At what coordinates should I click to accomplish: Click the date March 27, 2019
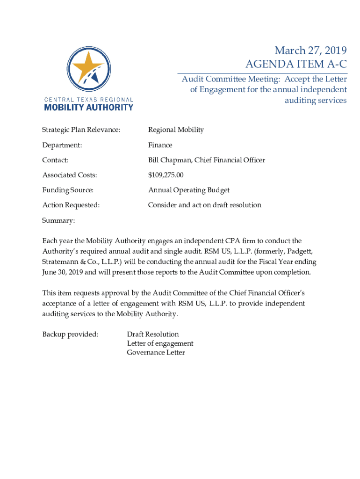(x=310, y=51)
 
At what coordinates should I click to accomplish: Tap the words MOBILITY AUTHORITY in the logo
(x=88, y=107)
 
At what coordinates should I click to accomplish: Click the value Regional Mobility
(x=176, y=130)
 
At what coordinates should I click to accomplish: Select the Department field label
(x=62, y=145)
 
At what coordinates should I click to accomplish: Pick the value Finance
(x=160, y=145)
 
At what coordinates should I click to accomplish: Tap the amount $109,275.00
(x=166, y=175)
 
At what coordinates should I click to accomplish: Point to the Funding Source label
(x=68, y=190)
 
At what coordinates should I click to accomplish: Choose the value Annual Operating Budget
(x=189, y=190)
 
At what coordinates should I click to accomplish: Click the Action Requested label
(x=71, y=205)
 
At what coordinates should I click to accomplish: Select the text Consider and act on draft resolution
(x=205, y=205)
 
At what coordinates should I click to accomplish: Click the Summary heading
(x=58, y=220)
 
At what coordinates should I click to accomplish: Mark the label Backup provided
(x=71, y=334)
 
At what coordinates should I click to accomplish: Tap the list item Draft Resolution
(x=153, y=334)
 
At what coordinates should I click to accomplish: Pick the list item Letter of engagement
(x=160, y=343)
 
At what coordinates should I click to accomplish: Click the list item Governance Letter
(x=156, y=352)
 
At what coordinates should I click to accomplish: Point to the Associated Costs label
(x=70, y=175)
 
